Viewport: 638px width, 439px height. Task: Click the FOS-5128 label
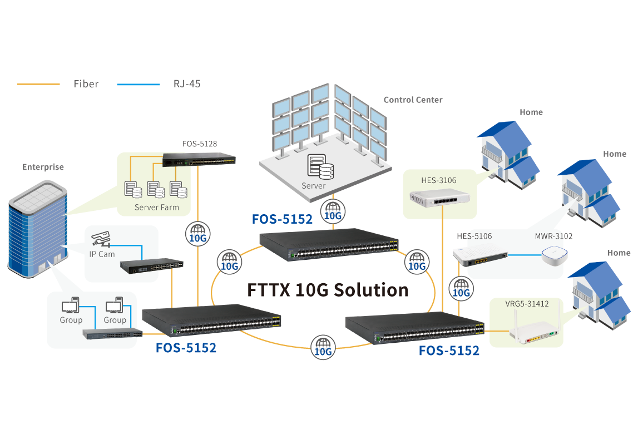[200, 144]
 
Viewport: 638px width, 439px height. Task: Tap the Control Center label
[413, 100]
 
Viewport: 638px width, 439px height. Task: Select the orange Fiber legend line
[38, 84]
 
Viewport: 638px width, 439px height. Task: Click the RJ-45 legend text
[187, 84]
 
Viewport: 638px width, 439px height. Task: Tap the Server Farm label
[157, 208]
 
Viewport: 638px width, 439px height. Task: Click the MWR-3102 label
[553, 236]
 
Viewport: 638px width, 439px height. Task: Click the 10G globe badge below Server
[333, 211]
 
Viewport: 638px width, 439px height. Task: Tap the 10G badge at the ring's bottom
[323, 347]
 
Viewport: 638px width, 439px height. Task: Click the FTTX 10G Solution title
[328, 290]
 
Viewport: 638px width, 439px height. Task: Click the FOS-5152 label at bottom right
[449, 351]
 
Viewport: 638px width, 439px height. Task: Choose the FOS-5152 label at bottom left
[186, 348]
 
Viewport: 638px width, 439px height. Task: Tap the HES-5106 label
[474, 236]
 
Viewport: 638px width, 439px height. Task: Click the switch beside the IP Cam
[152, 267]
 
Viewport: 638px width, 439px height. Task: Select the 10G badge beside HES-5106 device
[462, 288]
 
